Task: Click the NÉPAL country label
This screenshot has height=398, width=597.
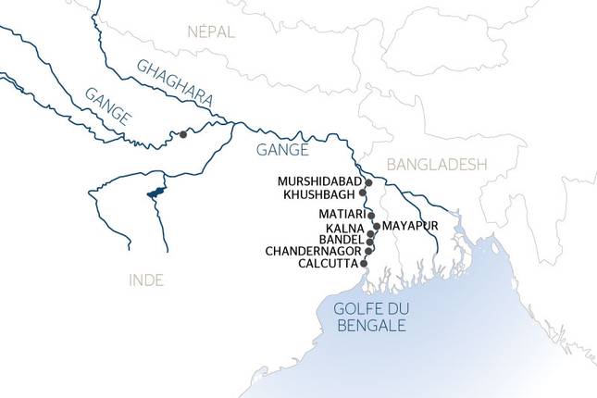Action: click(x=211, y=32)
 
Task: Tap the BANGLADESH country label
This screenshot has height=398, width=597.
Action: click(x=437, y=165)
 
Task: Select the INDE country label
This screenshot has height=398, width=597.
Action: click(x=147, y=280)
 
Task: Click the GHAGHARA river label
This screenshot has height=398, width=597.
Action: click(x=175, y=82)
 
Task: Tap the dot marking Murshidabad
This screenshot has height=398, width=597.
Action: click(x=368, y=183)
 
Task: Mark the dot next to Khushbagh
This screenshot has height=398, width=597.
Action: click(x=363, y=194)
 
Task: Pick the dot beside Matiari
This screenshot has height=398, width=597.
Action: click(x=371, y=215)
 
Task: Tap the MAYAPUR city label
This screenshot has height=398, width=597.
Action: click(x=409, y=226)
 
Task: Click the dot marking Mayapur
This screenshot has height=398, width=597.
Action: click(x=376, y=226)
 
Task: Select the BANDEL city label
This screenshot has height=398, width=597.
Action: click(x=342, y=239)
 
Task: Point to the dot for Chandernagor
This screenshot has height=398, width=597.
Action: click(x=369, y=249)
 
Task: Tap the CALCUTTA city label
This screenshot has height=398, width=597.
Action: click(x=329, y=264)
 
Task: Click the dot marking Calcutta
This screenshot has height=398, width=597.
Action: click(x=365, y=263)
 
